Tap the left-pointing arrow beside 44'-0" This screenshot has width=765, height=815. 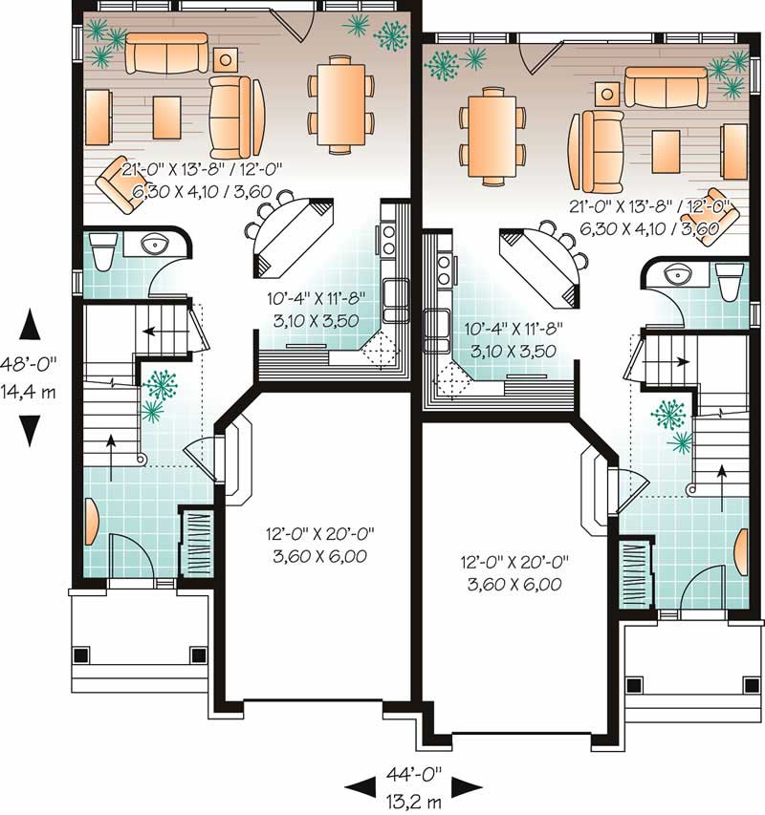point(360,785)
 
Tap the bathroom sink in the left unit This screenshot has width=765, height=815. point(153,246)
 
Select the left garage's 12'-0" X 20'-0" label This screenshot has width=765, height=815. point(317,536)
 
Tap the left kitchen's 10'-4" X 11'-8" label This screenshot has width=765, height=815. point(313,302)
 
